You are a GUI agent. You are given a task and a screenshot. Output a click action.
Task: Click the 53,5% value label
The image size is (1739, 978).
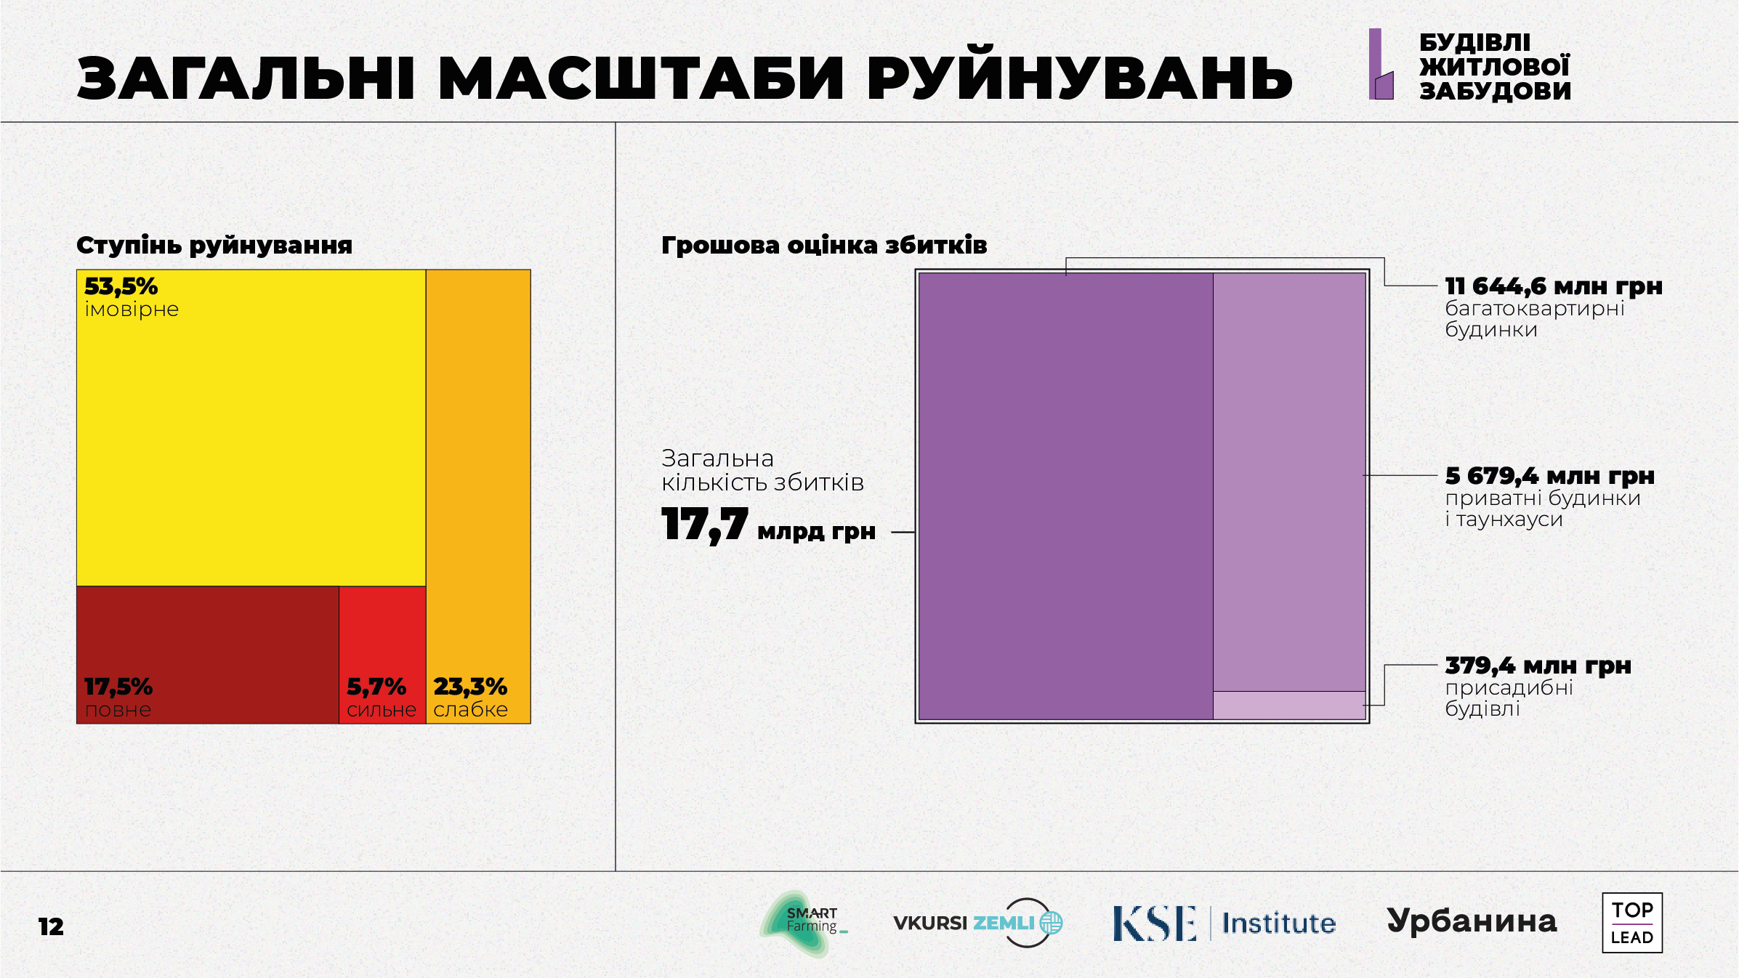coord(121,286)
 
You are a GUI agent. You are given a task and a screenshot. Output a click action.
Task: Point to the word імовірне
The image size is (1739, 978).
coord(132,310)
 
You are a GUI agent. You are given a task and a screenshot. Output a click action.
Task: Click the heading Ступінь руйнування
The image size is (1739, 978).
coord(214,246)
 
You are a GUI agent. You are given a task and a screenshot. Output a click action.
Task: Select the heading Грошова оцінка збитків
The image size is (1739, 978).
coord(824,246)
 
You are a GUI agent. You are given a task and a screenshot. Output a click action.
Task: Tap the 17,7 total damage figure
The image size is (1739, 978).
coord(704,525)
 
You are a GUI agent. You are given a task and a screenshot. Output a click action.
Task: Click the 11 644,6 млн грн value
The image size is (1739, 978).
coord(1553,286)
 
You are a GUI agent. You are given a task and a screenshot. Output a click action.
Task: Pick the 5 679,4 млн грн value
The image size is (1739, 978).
coord(1549,476)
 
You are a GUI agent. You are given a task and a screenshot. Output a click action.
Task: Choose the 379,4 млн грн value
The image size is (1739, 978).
coord(1538,666)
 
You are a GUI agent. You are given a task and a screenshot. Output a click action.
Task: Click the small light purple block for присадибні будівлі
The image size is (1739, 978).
coord(1289,705)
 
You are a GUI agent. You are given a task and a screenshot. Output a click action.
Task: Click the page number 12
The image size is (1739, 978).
coord(51,926)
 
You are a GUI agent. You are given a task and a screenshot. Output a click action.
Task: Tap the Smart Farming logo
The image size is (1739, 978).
coord(803,923)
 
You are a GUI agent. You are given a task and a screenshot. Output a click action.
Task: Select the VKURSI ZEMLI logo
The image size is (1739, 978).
coord(977,923)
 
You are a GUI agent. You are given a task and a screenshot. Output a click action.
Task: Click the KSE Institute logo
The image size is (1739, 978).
coord(1224,923)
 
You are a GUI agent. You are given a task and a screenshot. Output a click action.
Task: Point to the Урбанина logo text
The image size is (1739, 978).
coord(1472,921)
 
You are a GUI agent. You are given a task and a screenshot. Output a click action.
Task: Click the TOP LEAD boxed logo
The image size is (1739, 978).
coord(1632,923)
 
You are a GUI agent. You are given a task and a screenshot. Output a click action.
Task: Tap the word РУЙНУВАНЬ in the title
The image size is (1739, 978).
coord(1079,78)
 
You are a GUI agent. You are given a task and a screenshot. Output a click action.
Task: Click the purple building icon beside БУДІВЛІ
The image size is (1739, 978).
coord(1381,65)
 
